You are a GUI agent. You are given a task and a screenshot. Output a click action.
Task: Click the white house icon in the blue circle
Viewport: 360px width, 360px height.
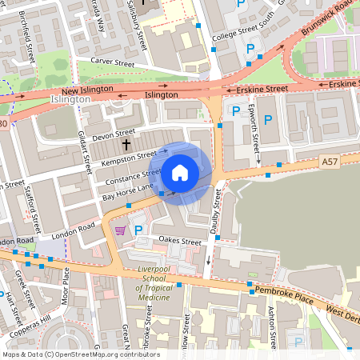pos(180,172)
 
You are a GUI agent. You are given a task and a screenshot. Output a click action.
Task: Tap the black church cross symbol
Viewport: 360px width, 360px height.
pos(126,145)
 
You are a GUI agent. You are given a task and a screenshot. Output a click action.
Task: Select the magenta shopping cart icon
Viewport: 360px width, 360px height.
pos(120,230)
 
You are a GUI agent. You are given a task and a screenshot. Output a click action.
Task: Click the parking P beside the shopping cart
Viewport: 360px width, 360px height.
pos(138,230)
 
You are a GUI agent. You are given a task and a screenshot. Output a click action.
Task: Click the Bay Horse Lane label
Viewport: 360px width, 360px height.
pos(127,191)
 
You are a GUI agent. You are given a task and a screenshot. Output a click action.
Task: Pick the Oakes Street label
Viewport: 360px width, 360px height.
pos(180,241)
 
